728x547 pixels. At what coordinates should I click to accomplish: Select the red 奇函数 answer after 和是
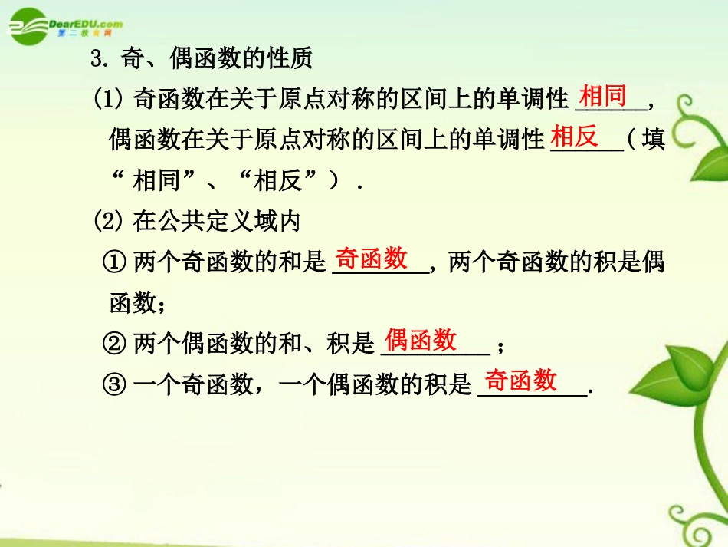(372, 259)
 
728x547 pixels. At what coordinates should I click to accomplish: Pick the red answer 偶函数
(421, 339)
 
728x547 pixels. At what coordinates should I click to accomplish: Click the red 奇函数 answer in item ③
(521, 379)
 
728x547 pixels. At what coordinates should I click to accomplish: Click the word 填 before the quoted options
(653, 140)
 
